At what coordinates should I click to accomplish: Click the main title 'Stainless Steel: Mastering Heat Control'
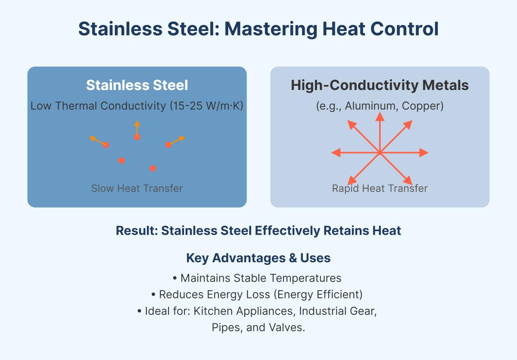click(258, 29)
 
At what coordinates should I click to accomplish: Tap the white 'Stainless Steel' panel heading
click(137, 85)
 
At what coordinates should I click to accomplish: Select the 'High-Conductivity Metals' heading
click(380, 85)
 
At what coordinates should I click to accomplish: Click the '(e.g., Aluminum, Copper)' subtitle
click(380, 106)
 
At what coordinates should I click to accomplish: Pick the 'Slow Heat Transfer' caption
click(137, 188)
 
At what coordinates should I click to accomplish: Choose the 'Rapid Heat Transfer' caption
click(380, 188)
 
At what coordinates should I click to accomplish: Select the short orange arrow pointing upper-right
click(177, 141)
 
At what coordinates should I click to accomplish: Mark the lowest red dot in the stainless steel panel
click(153, 168)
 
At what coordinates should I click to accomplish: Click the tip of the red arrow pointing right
click(427, 152)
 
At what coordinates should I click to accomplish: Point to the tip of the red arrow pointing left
click(333, 152)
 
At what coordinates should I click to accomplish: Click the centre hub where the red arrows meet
click(380, 152)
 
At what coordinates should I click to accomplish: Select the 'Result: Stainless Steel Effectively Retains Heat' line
click(258, 231)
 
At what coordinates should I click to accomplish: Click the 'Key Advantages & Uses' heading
click(258, 258)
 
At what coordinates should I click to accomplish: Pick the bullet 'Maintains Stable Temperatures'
click(258, 278)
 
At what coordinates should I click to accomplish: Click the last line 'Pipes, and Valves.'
click(258, 327)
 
